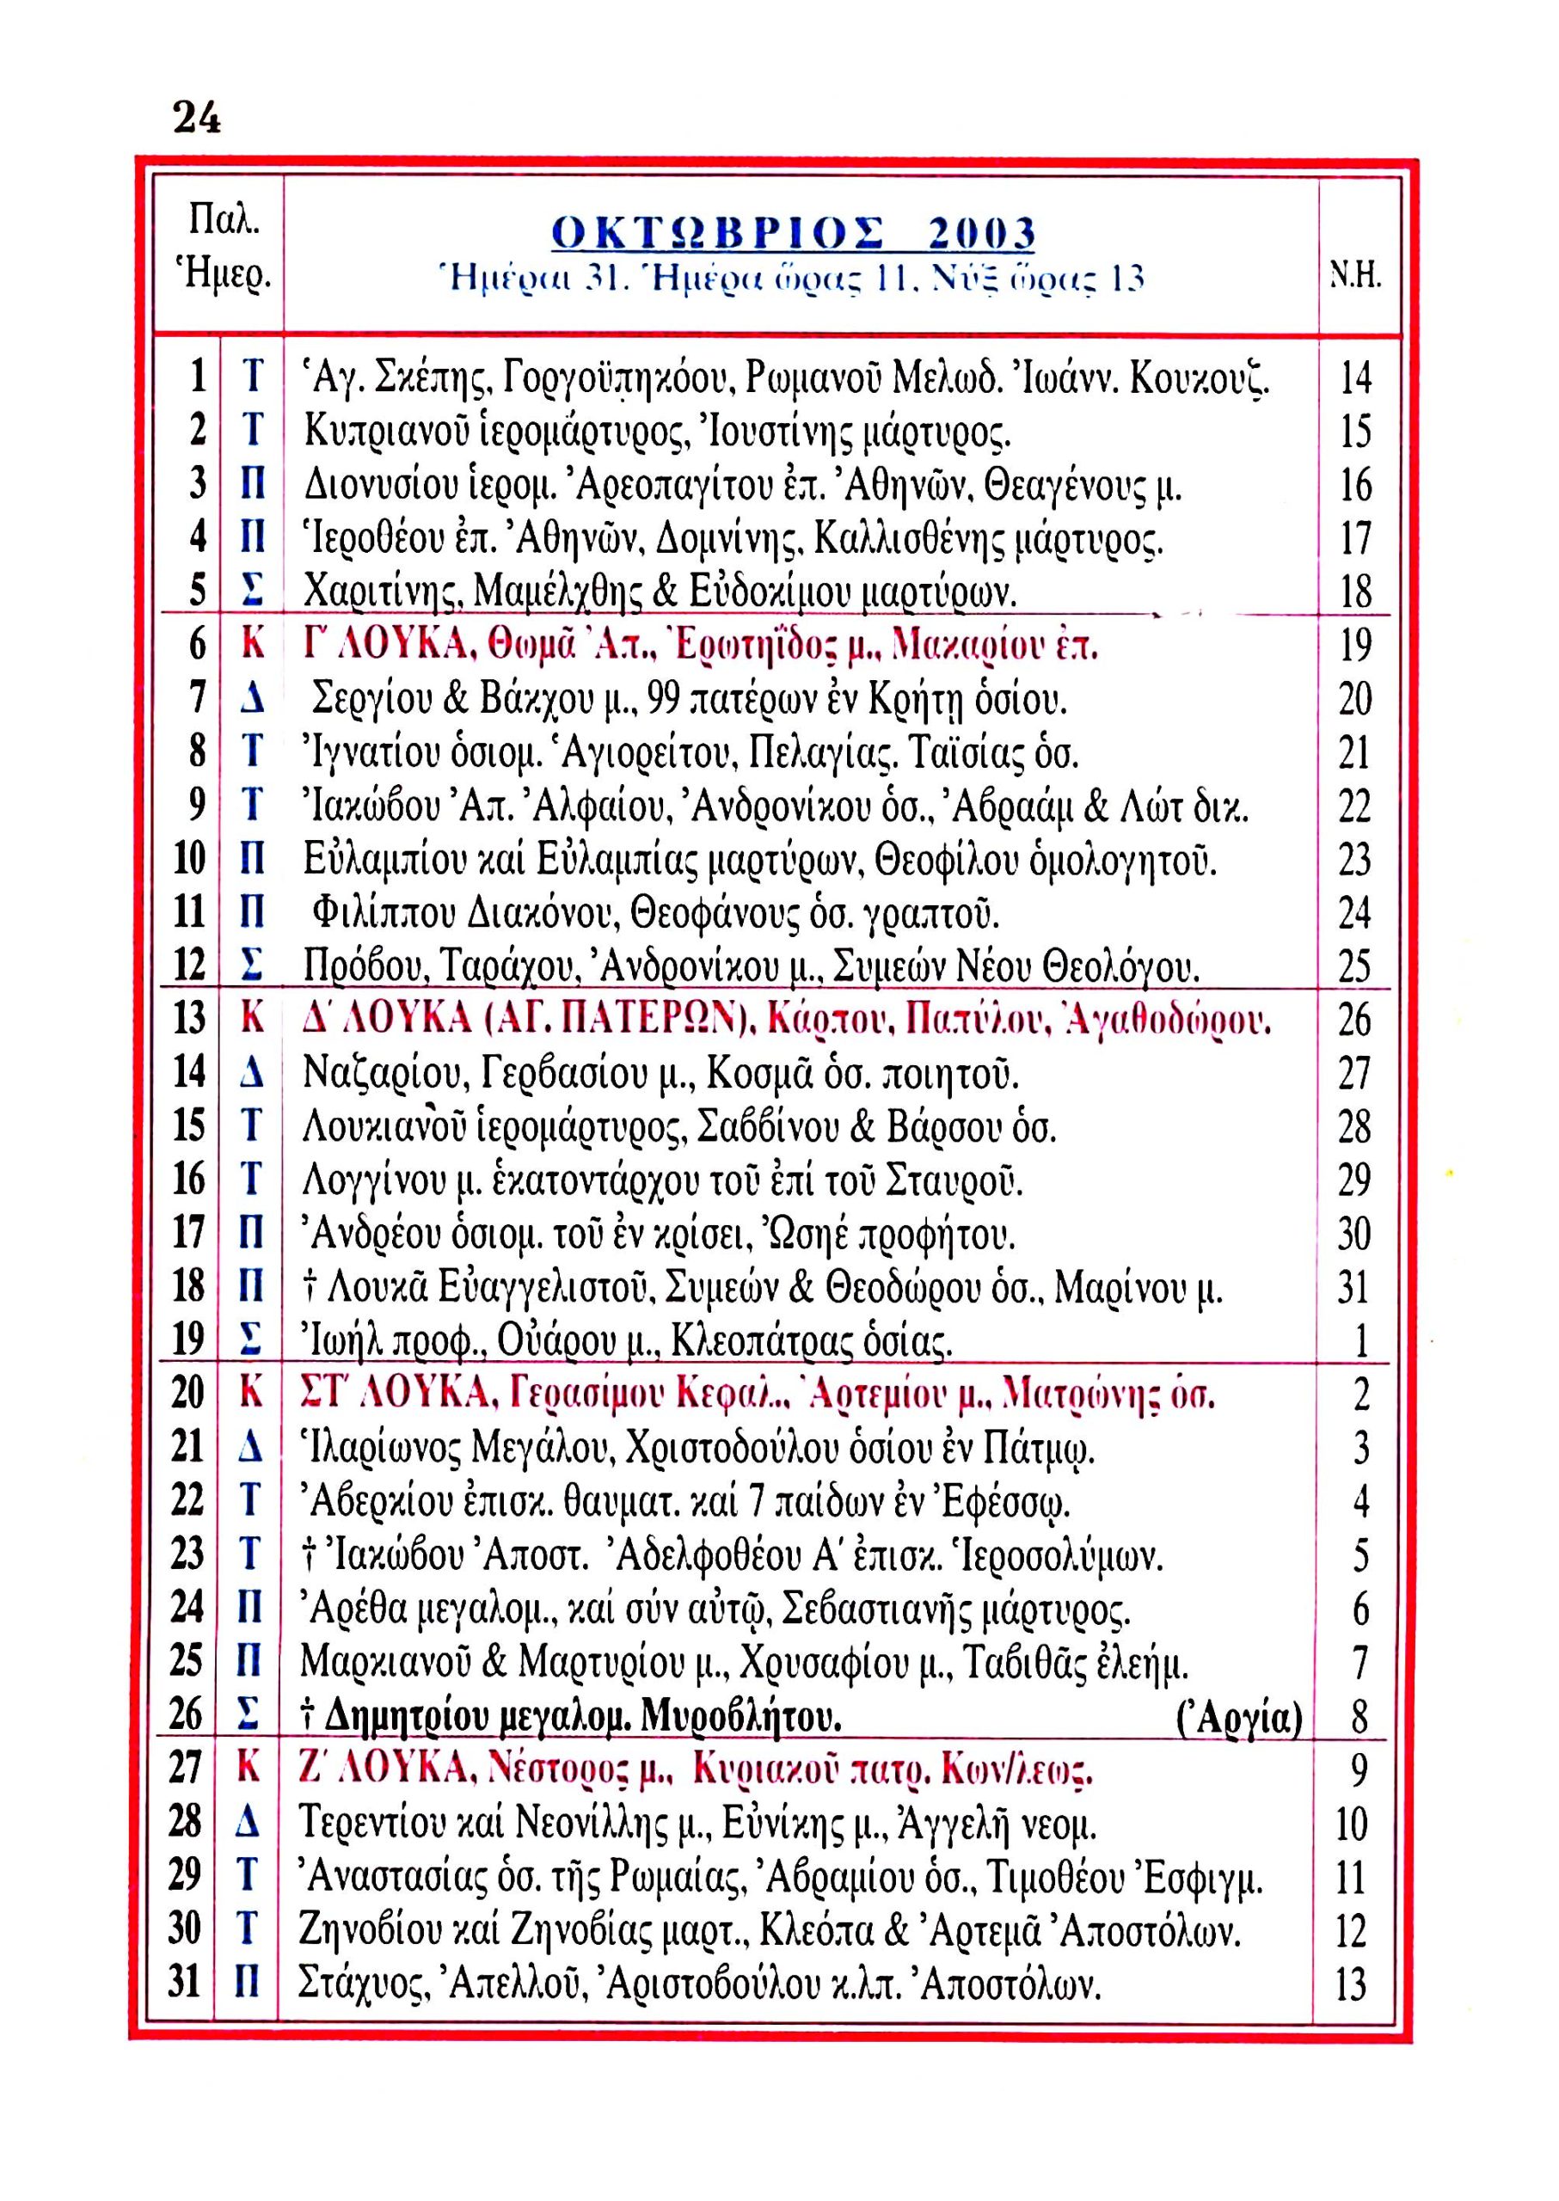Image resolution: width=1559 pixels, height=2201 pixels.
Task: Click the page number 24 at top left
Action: click(197, 119)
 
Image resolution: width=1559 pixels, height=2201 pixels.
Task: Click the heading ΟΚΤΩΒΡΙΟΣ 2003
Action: click(794, 233)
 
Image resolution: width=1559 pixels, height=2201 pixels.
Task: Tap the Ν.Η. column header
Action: click(1355, 279)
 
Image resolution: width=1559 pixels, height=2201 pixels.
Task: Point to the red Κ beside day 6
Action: click(253, 645)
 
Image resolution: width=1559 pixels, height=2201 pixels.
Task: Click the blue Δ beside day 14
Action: click(251, 1072)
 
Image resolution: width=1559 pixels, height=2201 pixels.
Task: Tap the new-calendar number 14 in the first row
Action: click(1355, 378)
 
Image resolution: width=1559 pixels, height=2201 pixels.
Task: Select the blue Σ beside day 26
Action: click(249, 1715)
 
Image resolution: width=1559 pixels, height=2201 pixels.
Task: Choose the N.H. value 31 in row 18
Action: click(1353, 1287)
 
